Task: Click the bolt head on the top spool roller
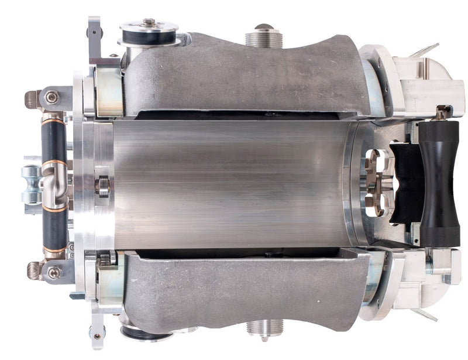149,22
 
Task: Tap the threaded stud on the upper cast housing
264,37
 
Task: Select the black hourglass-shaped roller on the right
439,183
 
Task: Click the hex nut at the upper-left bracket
51,97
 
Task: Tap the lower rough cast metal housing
246,290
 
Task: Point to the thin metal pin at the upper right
425,50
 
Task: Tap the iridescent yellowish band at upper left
109,91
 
